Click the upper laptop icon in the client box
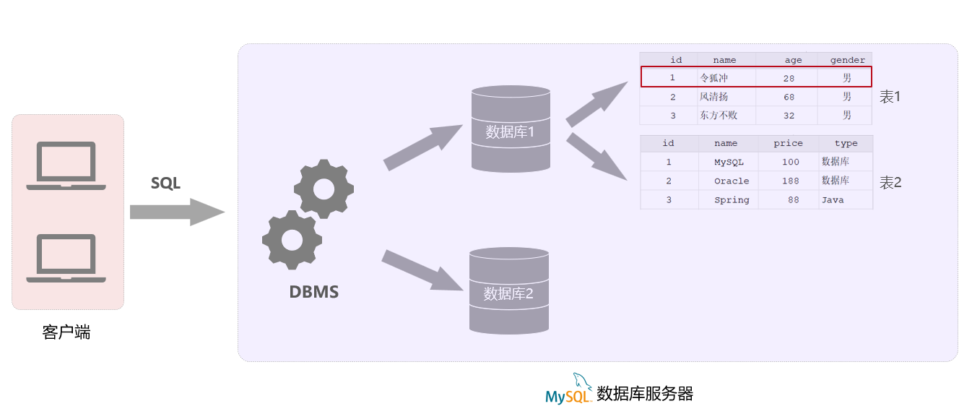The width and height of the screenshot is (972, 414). [x=66, y=165]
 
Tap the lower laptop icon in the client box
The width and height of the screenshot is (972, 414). [x=66, y=258]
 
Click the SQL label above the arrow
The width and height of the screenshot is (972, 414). [x=165, y=184]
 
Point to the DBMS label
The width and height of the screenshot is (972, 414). [x=313, y=293]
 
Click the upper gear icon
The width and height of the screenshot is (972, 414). [x=324, y=189]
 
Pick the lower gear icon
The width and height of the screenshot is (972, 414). [x=291, y=239]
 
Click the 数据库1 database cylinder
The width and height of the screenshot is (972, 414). [x=511, y=129]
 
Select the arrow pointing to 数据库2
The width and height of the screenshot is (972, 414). [x=422, y=270]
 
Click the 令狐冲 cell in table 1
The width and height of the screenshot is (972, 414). [x=714, y=77]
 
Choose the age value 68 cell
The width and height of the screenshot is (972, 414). [x=789, y=97]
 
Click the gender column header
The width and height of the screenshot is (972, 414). [x=847, y=60]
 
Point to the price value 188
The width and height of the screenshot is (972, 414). [x=790, y=181]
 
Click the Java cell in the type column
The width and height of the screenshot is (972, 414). [x=833, y=200]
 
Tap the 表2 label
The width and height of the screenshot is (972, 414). [x=890, y=183]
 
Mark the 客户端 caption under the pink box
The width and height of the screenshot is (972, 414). [x=66, y=332]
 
